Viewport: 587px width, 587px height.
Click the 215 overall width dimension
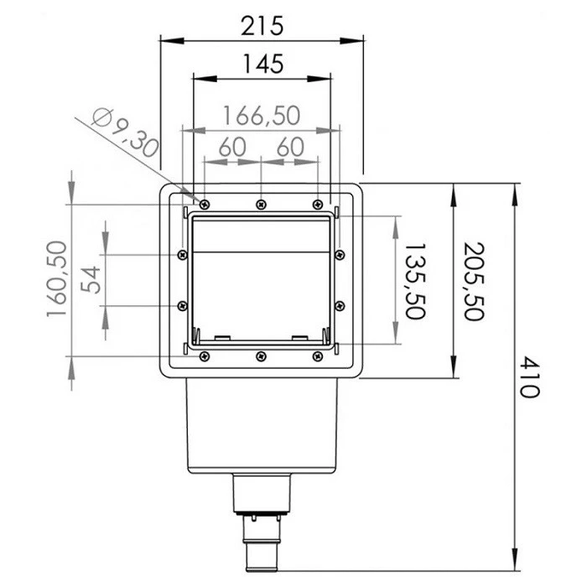point(262,25)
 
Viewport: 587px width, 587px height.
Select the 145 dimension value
point(262,63)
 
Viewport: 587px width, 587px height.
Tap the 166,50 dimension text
point(262,115)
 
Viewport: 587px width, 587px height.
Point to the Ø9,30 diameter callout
point(124,134)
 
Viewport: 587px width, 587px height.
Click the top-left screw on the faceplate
point(204,204)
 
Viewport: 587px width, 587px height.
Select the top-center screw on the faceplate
point(262,204)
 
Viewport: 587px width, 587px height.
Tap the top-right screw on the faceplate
point(317,204)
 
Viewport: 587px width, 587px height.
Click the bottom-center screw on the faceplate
point(261,356)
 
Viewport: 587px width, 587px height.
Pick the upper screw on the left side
point(182,255)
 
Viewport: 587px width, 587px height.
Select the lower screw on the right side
point(340,305)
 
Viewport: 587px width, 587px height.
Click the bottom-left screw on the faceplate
point(204,356)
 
